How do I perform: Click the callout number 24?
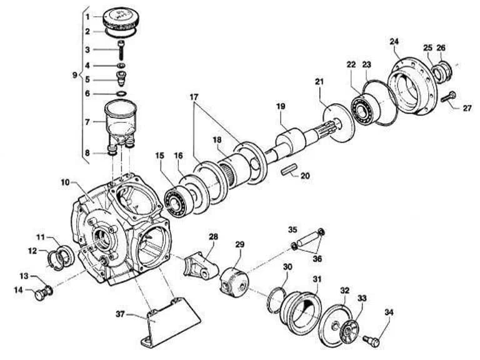[x=394, y=41]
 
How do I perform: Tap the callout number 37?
[x=121, y=314]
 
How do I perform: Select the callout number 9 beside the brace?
[x=75, y=75]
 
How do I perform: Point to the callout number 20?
[x=305, y=176]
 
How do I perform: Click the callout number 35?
[x=292, y=229]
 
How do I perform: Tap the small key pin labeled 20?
[x=289, y=170]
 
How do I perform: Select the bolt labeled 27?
[x=449, y=97]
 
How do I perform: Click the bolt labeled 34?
[x=371, y=341]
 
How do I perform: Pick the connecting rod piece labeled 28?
[x=201, y=266]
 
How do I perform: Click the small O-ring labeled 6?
[x=121, y=93]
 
